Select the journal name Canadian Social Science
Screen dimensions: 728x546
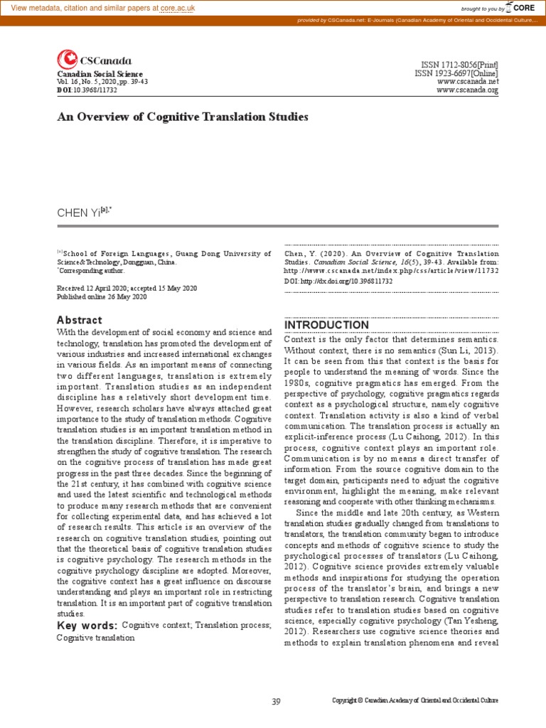pos(100,74)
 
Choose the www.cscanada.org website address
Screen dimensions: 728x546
pos(467,90)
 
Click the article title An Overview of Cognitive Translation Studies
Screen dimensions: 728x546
pos(183,117)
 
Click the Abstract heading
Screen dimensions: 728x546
pos(79,320)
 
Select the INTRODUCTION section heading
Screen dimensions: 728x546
pos(326,325)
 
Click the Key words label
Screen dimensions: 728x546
pos(87,625)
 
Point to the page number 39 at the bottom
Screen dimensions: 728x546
pos(277,701)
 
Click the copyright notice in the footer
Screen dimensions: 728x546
pos(415,701)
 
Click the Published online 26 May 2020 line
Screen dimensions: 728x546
pos(101,296)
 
